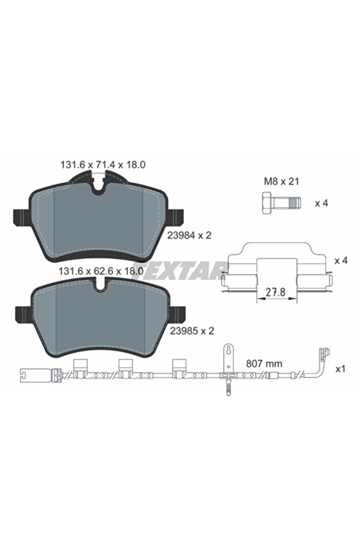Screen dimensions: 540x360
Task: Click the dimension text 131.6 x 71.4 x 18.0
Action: [x=103, y=165]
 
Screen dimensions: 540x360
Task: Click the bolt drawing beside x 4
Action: [x=278, y=204]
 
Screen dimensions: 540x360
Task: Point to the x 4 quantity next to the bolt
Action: [x=322, y=204]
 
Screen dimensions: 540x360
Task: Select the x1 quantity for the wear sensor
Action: [x=341, y=368]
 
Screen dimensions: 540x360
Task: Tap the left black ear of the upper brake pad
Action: [x=20, y=217]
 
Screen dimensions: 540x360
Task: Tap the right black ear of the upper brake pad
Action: [x=179, y=217]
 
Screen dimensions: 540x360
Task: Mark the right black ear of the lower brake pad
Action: [x=179, y=313]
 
